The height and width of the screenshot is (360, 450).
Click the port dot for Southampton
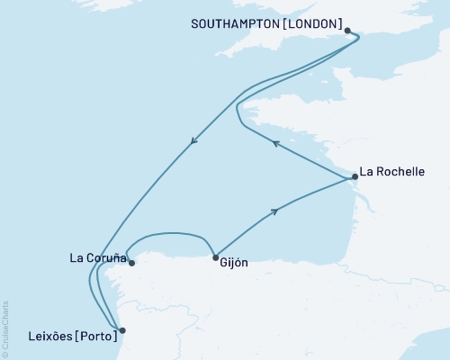tap(347, 31)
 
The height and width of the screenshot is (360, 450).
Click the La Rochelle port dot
tap(355, 177)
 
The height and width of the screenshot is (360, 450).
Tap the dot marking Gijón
tap(215, 258)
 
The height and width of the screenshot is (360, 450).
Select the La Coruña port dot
tap(132, 264)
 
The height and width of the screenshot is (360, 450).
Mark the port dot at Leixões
tap(122, 330)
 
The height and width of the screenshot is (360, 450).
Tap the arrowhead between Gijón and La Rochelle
tap(274, 211)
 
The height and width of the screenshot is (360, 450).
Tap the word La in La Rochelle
tap(365, 170)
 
